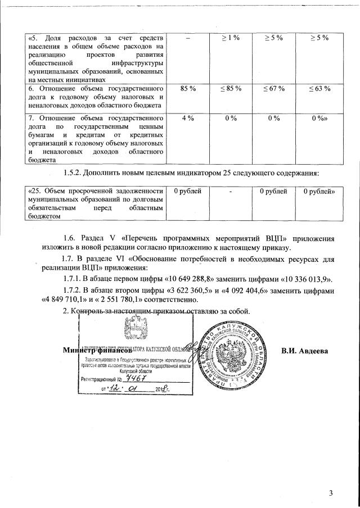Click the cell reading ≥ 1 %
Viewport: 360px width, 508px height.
229,37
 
